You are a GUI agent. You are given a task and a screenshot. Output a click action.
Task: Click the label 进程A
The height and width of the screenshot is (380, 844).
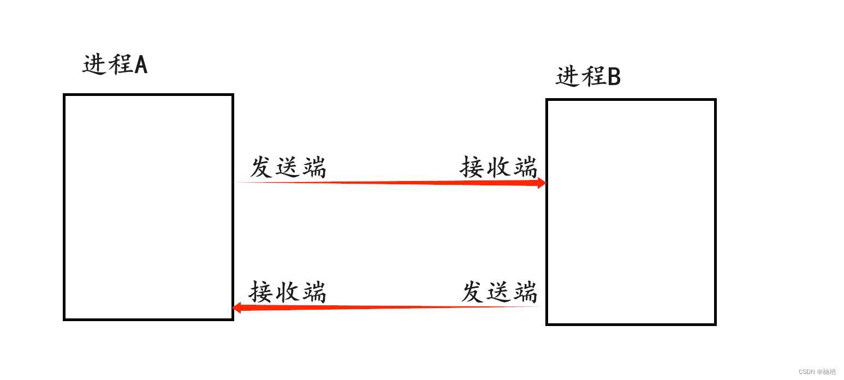click(115, 65)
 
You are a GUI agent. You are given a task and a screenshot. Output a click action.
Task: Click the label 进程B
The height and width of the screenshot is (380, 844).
click(588, 77)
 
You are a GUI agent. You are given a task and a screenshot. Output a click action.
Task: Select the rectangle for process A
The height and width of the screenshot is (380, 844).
click(148, 207)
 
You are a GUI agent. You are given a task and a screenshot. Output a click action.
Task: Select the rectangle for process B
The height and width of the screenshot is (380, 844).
click(631, 212)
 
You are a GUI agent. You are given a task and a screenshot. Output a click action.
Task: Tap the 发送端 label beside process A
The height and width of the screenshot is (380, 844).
click(288, 167)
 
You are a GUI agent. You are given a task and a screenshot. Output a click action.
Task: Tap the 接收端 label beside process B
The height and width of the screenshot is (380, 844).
click(498, 167)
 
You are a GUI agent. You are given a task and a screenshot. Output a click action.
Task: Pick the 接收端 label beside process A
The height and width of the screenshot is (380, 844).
click(288, 292)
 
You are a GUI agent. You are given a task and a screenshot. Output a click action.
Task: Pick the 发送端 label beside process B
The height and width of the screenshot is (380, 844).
click(499, 292)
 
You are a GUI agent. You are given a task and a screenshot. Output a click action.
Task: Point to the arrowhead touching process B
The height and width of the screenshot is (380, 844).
click(541, 183)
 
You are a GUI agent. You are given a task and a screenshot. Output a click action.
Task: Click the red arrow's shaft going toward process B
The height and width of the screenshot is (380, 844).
click(393, 183)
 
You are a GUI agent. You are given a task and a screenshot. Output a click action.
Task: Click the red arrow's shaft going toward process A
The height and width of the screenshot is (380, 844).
click(393, 307)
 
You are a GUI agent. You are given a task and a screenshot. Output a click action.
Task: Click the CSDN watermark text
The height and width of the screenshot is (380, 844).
click(817, 372)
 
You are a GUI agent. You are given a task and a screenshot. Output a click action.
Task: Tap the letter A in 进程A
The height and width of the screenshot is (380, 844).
click(141, 65)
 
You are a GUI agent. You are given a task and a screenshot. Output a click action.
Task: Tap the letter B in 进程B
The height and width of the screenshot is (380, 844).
click(614, 77)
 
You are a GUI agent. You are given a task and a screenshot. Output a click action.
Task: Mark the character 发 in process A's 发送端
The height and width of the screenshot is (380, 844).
click(261, 167)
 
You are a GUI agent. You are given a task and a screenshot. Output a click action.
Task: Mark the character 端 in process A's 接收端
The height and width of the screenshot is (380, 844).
click(313, 292)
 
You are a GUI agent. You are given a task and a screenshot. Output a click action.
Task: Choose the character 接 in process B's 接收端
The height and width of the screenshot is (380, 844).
click(472, 167)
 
